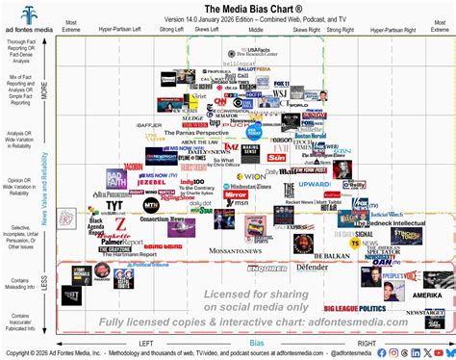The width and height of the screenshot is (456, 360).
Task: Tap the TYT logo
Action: point(114,205)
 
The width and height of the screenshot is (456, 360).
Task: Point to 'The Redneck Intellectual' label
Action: point(394,222)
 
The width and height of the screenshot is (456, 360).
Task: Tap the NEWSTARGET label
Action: point(424,312)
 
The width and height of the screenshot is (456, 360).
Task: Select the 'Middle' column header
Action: point(255,31)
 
